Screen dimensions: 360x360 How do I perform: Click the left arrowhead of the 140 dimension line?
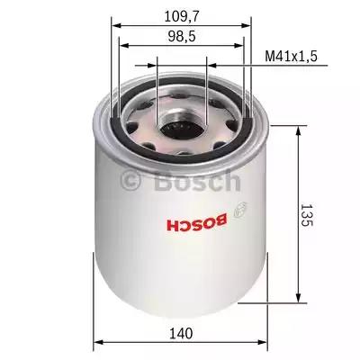(x=98, y=341)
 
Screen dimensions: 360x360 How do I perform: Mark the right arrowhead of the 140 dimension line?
(x=266, y=341)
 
